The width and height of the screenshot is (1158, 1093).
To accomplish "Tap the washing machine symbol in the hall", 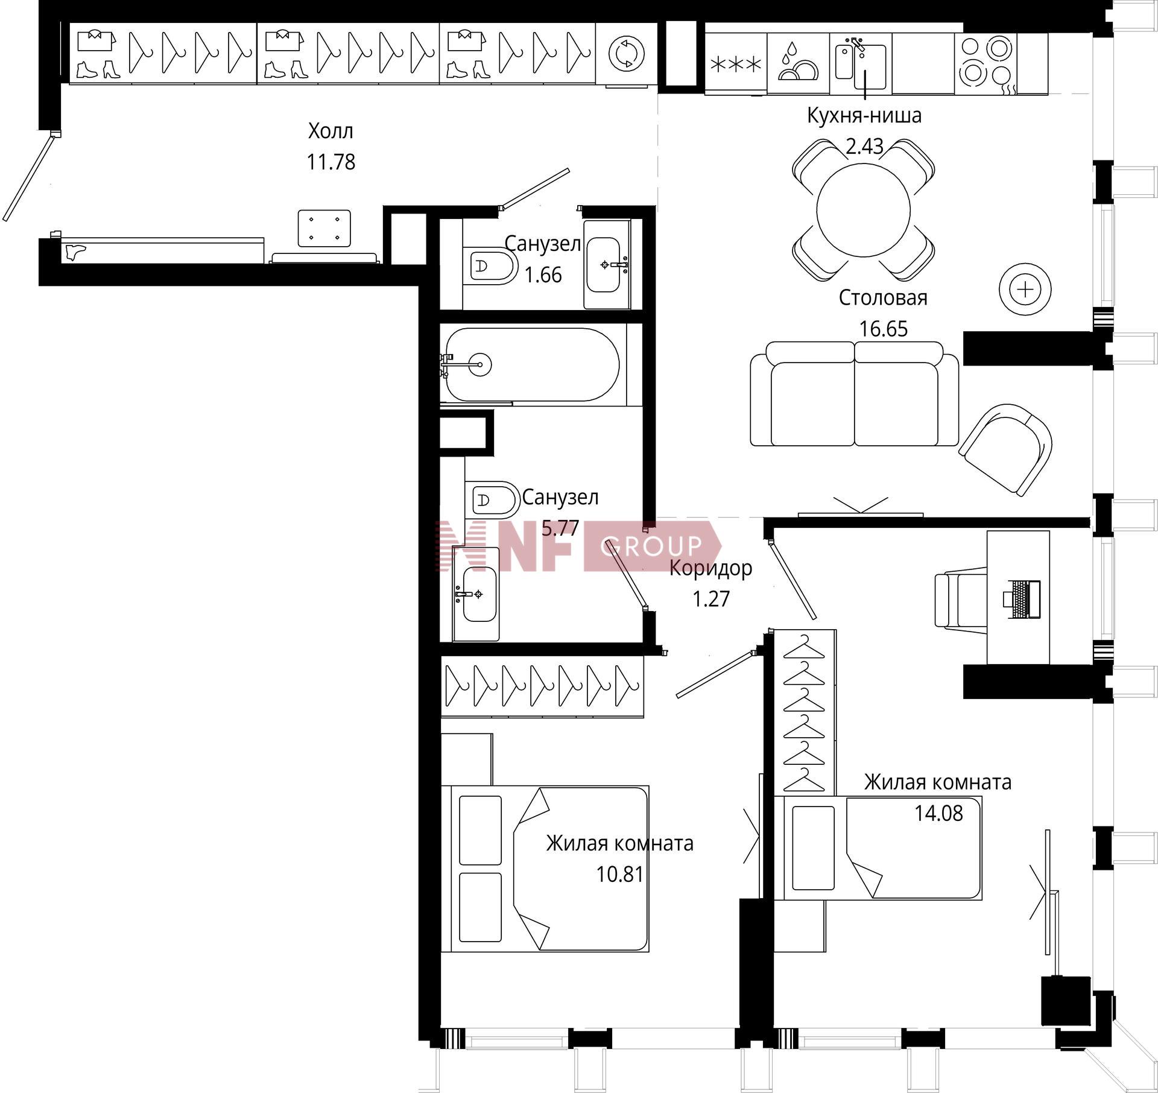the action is pos(627,53).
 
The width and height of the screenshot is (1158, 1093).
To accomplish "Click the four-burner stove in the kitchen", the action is pos(985,63).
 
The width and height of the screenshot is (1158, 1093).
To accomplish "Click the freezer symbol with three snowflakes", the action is pos(736,64).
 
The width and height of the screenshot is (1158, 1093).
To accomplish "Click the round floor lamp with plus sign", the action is pos(1025,290).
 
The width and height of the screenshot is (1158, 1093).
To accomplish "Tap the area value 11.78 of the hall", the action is pos(331,162).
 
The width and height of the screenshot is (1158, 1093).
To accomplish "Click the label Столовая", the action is pos(883,297).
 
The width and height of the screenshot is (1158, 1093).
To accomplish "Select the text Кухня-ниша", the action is pos(864,115).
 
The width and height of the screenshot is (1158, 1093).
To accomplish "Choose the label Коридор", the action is pos(711,568).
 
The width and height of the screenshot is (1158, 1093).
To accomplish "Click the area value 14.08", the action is pos(939,813).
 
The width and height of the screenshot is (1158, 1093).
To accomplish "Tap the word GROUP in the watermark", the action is pos(651,546).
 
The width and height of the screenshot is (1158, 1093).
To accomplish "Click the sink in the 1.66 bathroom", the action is pos(606,264).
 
